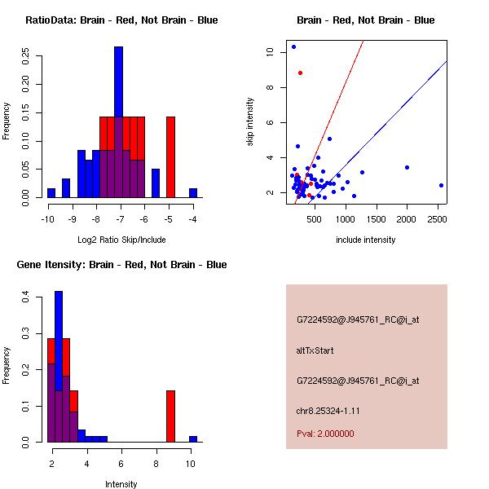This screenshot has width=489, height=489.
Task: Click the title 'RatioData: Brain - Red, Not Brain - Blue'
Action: (x=121, y=20)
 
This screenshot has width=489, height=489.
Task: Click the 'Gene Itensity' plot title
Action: (x=121, y=265)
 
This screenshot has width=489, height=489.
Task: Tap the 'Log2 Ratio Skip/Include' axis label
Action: (x=121, y=240)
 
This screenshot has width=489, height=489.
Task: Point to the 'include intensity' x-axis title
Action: (x=366, y=240)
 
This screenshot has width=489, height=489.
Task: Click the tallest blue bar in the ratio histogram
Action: (x=118, y=122)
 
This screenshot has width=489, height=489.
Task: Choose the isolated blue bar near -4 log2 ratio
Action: (x=193, y=192)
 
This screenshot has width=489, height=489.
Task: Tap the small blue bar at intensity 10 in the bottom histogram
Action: (x=193, y=438)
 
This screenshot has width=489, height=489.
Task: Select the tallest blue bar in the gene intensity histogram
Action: (x=59, y=367)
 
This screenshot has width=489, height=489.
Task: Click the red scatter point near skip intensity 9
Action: (x=300, y=73)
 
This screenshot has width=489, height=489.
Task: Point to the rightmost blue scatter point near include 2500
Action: (x=441, y=185)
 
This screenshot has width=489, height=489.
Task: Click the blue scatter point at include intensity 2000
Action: (x=407, y=167)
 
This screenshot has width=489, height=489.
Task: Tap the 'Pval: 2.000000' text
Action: (x=325, y=434)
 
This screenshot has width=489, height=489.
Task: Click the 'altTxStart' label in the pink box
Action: (x=315, y=350)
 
